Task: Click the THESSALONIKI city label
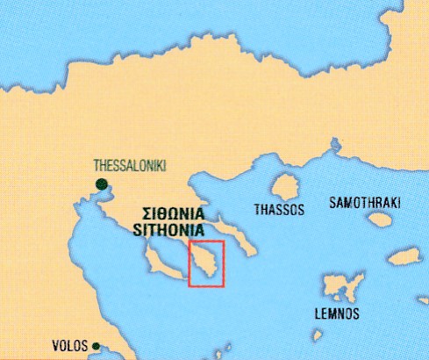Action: [130, 164]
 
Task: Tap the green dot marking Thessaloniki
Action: [102, 184]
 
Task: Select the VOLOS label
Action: [70, 346]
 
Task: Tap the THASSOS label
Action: [279, 211]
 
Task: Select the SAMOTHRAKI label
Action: [364, 204]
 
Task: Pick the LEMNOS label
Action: [337, 313]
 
